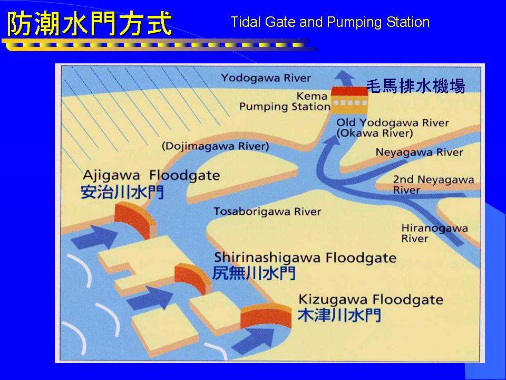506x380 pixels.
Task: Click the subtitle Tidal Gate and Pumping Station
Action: [330, 22]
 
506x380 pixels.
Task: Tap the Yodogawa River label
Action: [266, 78]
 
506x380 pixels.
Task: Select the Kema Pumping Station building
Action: [350, 100]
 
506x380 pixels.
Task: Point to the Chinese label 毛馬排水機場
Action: [416, 86]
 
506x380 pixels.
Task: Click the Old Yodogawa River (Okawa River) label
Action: [392, 128]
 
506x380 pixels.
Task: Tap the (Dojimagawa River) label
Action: [215, 146]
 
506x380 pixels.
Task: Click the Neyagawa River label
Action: [419, 152]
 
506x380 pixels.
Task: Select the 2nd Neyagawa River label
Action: [433, 185]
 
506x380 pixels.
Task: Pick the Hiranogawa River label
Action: [434, 233]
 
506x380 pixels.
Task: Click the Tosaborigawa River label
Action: [267, 212]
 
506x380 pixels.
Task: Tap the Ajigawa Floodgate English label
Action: [151, 175]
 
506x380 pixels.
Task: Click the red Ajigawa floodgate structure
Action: [135, 219]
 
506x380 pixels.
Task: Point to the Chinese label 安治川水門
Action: [122, 192]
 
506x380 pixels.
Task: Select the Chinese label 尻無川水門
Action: [254, 273]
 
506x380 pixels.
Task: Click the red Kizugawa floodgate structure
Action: [266, 316]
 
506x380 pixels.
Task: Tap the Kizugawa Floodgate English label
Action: [371, 300]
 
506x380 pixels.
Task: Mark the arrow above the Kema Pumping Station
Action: [345, 79]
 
